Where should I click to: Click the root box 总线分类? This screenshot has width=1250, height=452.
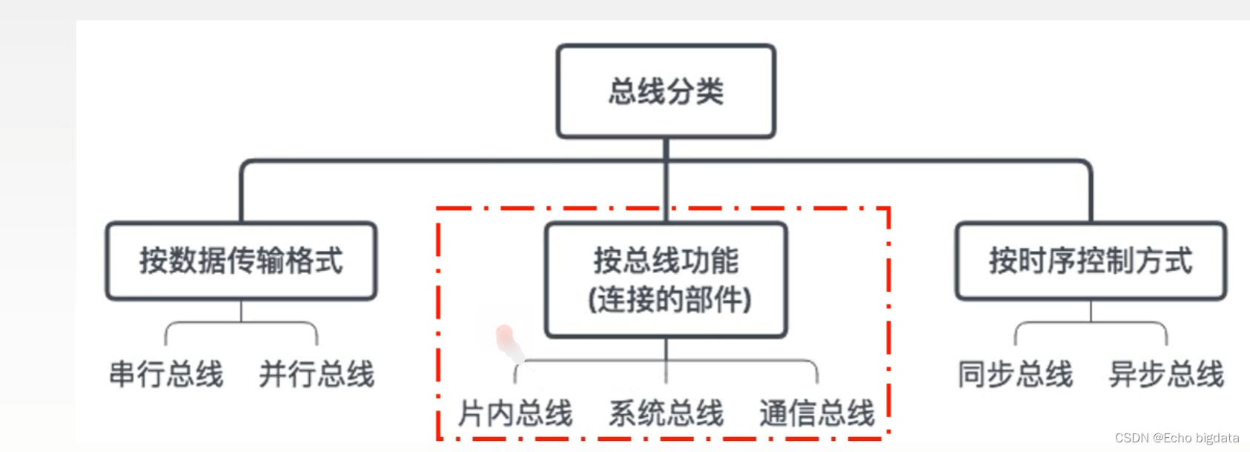pos(666,91)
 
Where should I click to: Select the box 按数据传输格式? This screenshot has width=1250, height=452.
pos(242,261)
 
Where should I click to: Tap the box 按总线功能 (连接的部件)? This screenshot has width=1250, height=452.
pos(666,280)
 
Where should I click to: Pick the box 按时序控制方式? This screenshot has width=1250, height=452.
pos(1091,261)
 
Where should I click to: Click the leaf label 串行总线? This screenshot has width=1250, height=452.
pos(166,374)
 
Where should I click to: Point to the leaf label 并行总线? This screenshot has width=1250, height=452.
pos(317,374)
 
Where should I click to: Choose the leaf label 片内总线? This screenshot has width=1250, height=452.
pos(515,413)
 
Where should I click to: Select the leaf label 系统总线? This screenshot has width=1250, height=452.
pos(666,413)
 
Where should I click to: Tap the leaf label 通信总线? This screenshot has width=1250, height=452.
pos(817,413)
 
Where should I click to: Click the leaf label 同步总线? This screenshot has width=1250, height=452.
pos(1015,374)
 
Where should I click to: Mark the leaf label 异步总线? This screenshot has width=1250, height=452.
pos(1166,374)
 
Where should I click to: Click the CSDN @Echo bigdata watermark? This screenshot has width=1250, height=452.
pos(1177,438)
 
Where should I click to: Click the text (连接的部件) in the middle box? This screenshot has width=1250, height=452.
pos(669,300)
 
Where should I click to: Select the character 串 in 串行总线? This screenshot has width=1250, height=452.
pos(123,374)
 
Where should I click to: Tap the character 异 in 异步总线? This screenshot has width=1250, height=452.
pos(1123,374)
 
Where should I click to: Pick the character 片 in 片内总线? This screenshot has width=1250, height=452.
pos(472,413)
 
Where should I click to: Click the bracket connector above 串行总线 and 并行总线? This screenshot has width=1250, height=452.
pos(242,324)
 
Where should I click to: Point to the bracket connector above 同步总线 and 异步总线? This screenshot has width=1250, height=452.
pos(1091,324)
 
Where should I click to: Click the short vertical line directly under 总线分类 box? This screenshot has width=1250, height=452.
pos(666,148)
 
